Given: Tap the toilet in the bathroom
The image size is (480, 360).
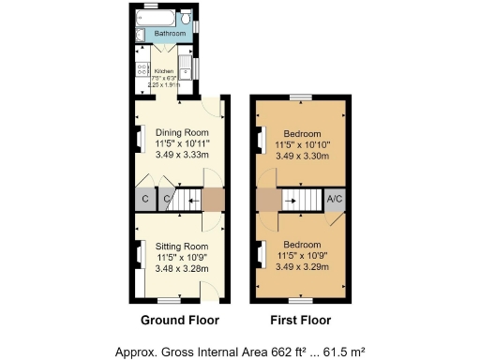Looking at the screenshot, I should point(187,20).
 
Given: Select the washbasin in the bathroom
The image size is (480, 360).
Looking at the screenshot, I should point(140,36).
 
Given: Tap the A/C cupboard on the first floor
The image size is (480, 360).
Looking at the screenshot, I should point(334,199).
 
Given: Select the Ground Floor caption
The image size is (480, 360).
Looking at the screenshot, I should point(179,321).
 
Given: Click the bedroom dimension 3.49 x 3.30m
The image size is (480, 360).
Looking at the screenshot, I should point(303,157).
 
